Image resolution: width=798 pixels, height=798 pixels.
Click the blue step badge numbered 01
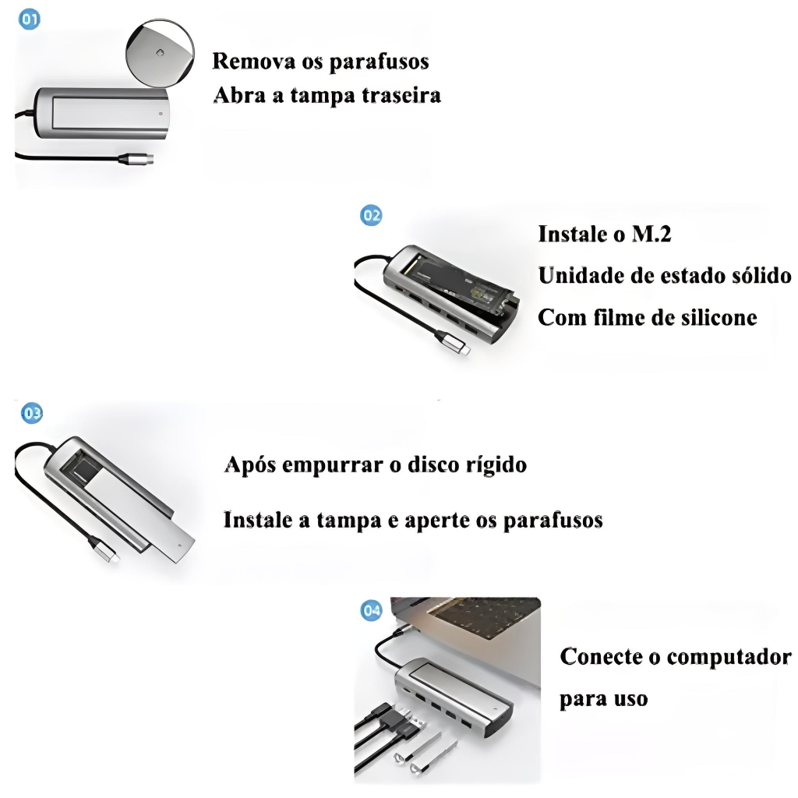[x=30, y=19]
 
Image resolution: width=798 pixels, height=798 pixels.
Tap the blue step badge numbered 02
[x=371, y=215]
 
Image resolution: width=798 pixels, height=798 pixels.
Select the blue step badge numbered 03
[x=32, y=413]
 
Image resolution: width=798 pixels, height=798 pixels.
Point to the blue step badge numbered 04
[x=372, y=609]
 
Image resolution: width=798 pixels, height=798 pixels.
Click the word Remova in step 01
[x=253, y=61]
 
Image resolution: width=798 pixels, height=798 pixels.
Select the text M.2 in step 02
[x=651, y=234]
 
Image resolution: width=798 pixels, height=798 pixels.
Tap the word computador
[x=729, y=657]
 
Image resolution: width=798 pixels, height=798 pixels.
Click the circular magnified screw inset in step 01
[x=160, y=52]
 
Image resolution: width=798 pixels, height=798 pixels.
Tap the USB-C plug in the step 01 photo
[x=136, y=159]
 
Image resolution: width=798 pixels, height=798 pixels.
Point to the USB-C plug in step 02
[x=452, y=343]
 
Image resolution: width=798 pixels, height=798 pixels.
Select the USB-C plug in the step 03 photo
[x=104, y=550]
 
